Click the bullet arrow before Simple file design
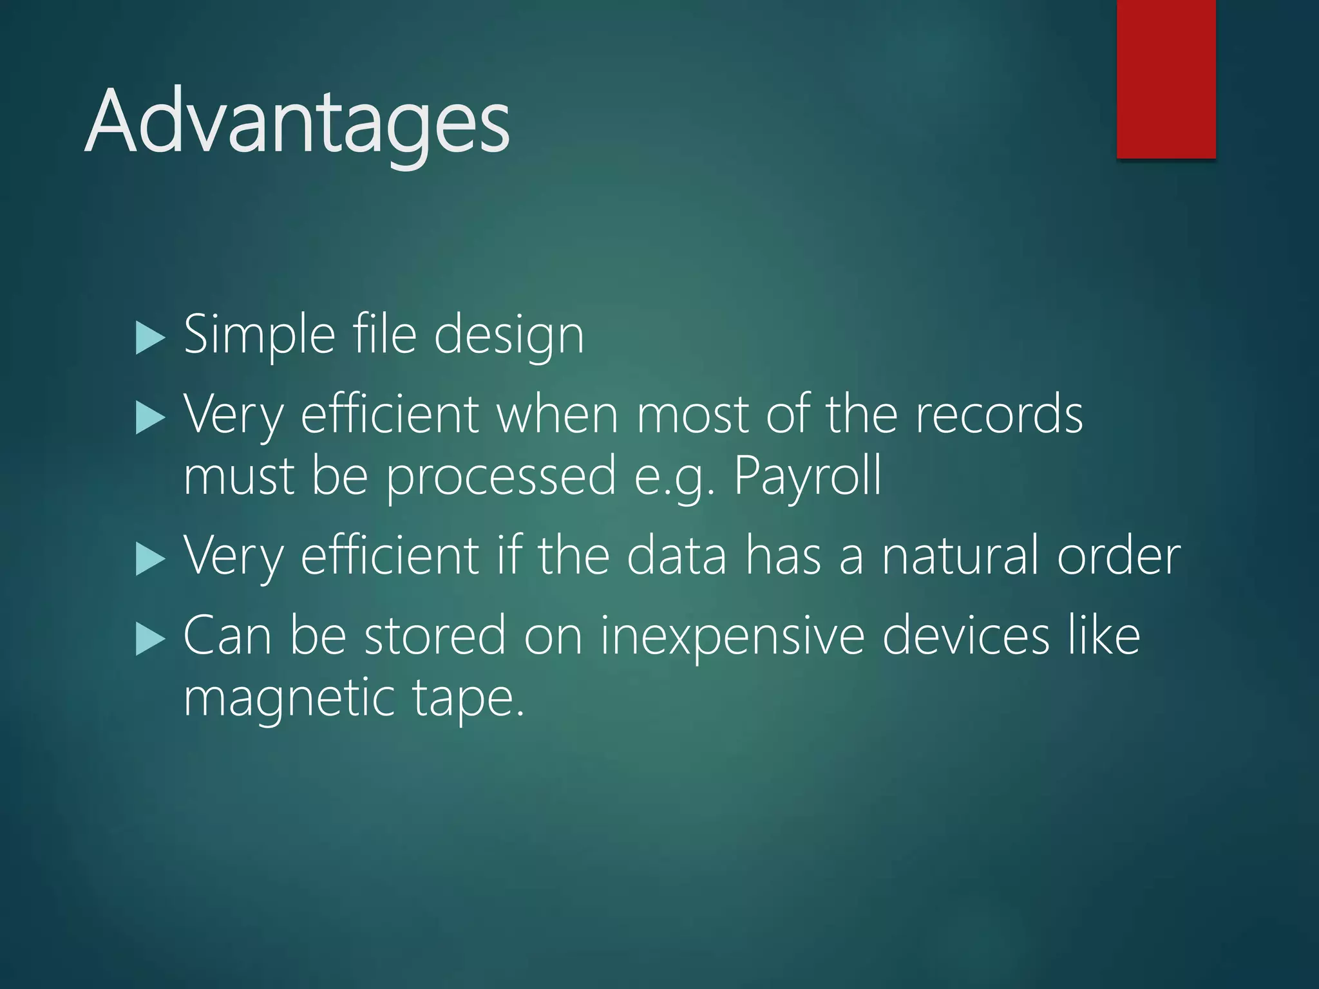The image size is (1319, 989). (151, 339)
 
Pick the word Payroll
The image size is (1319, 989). (808, 476)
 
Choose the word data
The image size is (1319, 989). (677, 555)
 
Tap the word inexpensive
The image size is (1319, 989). (733, 636)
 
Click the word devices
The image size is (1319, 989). (966, 635)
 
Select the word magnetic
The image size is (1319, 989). (289, 699)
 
